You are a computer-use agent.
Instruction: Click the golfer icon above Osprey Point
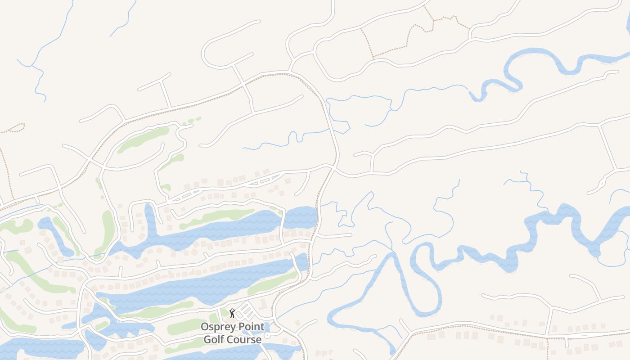point(232,313)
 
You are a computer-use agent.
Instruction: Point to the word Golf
point(214,339)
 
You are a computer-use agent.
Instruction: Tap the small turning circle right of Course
point(267,336)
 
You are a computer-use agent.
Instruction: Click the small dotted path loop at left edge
point(16,128)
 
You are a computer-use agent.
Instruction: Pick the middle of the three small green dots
point(191,121)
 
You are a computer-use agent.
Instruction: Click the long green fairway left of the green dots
point(143,139)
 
